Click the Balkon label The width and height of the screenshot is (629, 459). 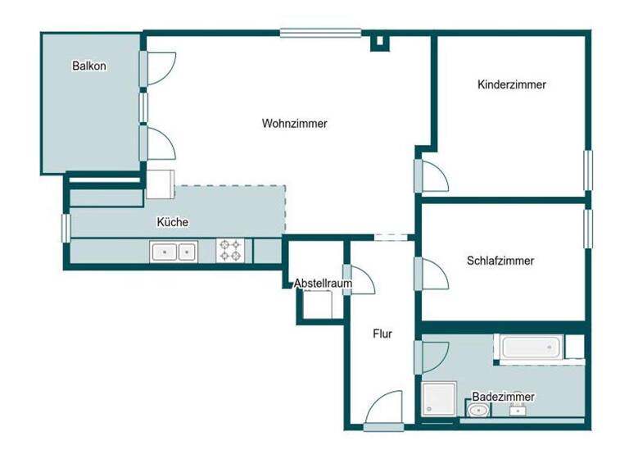88,66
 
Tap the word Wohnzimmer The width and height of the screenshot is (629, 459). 295,124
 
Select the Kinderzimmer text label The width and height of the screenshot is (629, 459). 511,84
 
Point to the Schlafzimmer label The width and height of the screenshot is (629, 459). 500,261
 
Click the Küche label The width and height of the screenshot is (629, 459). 173,221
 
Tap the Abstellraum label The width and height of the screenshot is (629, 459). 323,284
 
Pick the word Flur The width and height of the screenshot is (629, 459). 382,334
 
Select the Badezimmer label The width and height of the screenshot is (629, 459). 503,397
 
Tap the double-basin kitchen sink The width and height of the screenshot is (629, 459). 174,252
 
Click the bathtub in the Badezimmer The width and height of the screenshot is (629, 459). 531,347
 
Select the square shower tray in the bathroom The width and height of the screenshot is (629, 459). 442,399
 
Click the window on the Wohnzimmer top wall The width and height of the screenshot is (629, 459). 320,34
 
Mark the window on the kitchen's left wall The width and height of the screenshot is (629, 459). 66,227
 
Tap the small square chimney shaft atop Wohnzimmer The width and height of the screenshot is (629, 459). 379,42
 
